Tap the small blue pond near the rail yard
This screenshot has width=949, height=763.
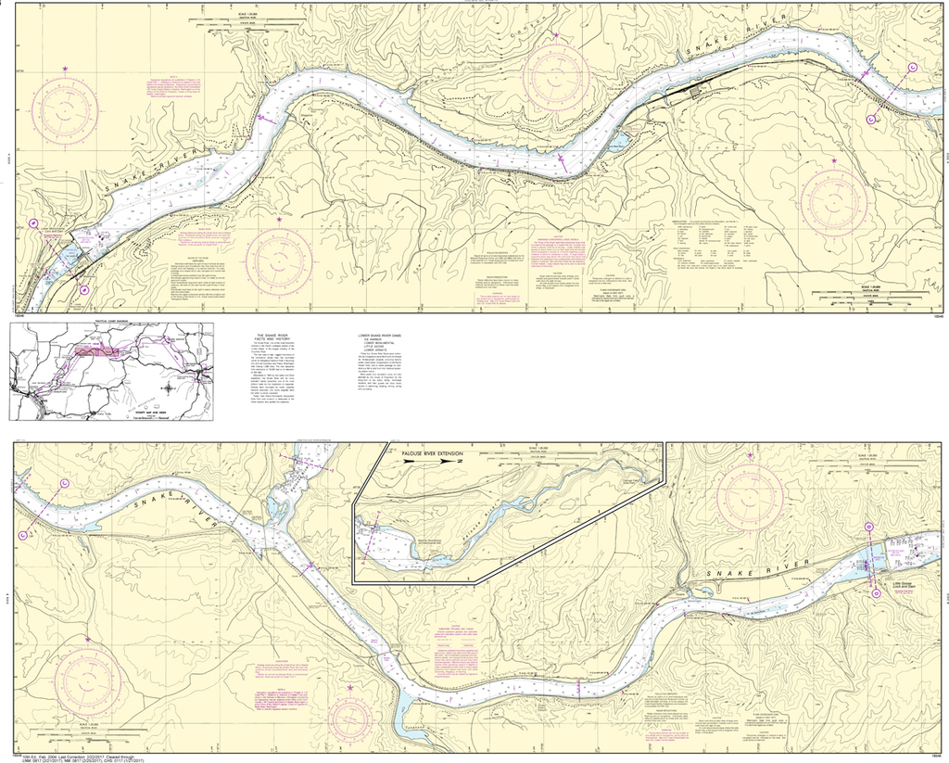[615, 142]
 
